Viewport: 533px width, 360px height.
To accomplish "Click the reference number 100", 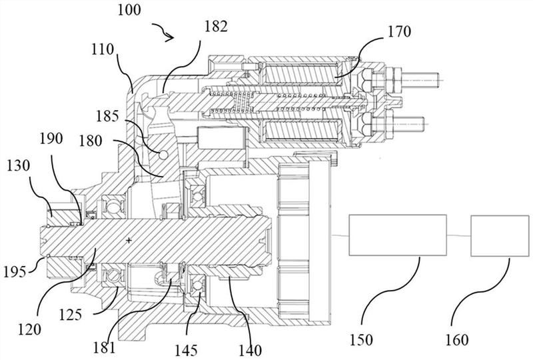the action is (129, 9).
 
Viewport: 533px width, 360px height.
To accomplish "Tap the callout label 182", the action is (216, 26).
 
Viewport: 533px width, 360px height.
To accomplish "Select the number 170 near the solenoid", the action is (399, 31).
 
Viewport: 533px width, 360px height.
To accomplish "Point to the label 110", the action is (103, 49).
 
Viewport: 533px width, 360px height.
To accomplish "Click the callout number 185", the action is (107, 117).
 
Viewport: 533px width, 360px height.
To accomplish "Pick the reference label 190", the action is (51, 139).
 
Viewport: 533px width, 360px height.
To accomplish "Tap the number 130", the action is (19, 166).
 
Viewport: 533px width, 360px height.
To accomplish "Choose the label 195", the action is (15, 271).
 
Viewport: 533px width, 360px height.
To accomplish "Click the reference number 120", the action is (29, 329).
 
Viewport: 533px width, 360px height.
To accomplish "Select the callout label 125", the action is (71, 315).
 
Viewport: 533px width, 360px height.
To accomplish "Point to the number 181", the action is (105, 348).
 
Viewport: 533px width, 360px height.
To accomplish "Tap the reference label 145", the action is (186, 350).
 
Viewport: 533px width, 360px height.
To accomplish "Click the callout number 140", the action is (251, 350).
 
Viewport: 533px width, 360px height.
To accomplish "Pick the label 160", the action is (457, 339).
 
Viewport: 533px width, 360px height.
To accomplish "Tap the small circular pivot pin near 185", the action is (163, 155).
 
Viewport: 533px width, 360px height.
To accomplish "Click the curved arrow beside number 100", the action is (164, 31).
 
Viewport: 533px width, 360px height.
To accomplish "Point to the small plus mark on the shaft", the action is (129, 241).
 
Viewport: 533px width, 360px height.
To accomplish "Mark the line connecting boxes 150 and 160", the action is (458, 235).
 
